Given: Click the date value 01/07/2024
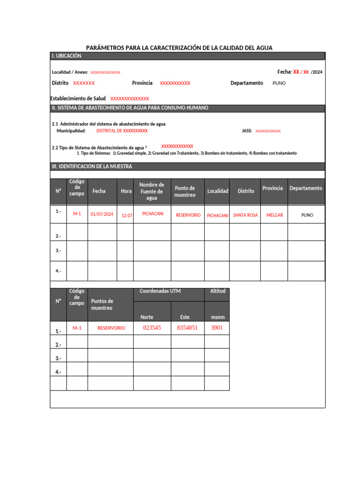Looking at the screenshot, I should (x=102, y=214).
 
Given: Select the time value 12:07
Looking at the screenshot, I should (x=127, y=216).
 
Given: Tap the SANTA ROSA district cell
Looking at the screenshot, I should (x=246, y=215).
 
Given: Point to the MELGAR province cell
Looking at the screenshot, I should (x=275, y=215).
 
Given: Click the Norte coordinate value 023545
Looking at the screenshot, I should (x=152, y=328).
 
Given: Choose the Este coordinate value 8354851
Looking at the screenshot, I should (x=187, y=328).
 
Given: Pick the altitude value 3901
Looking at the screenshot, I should (x=217, y=328).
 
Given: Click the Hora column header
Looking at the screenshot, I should (x=126, y=191).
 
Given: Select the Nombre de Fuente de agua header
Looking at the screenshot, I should (x=152, y=191).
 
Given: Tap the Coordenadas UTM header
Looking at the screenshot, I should (x=160, y=291).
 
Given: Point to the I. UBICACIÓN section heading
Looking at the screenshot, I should (x=67, y=56).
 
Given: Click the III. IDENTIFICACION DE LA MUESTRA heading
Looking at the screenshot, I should (x=92, y=166).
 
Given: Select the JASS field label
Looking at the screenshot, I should (x=247, y=131).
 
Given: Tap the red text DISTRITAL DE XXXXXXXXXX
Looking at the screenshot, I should (x=122, y=131).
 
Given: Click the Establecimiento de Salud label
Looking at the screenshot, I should (x=78, y=98).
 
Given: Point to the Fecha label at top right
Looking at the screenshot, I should (x=285, y=72).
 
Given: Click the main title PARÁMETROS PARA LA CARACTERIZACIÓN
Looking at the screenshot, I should (x=179, y=48).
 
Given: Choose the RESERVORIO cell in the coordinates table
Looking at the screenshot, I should (x=111, y=328).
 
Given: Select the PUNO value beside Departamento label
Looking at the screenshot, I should (x=279, y=83).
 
